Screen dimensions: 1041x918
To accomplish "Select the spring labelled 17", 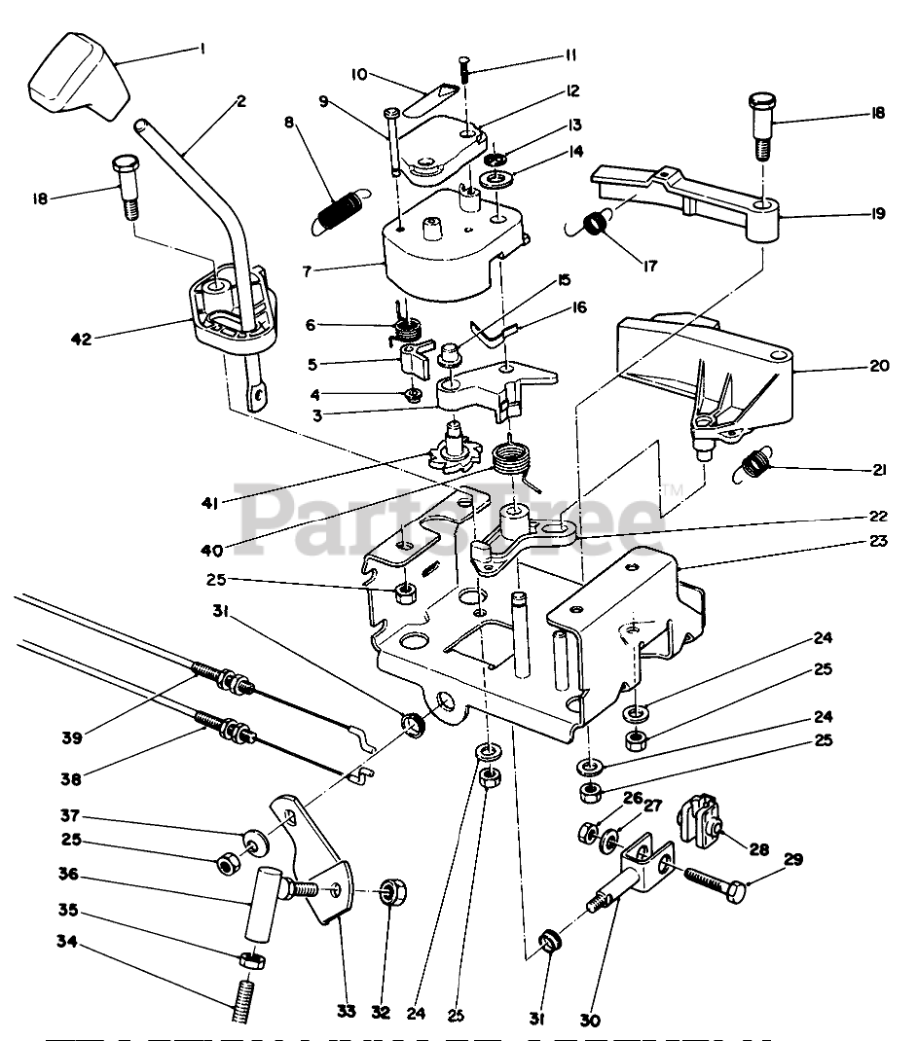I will point(592,224).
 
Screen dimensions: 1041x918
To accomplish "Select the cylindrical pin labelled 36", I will point(265,904).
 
